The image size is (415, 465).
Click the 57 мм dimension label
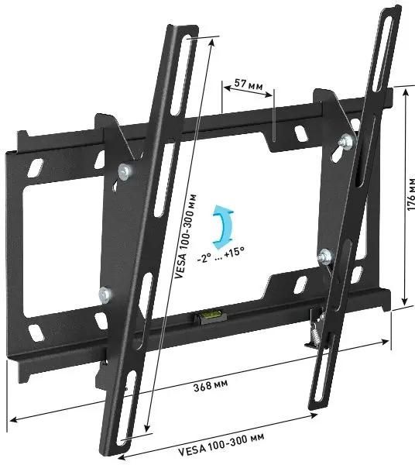point(249,84)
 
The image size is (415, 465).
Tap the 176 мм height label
point(410,194)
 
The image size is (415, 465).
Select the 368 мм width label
point(211,385)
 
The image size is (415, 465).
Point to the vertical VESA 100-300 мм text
point(186,236)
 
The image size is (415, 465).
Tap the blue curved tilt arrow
point(222,227)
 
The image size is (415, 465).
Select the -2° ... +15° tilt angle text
point(221,255)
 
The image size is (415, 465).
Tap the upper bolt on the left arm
point(125,172)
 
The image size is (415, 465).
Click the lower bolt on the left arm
point(105,294)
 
